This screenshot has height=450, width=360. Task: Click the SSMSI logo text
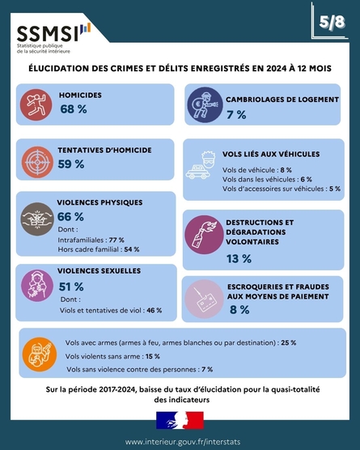point(48,33)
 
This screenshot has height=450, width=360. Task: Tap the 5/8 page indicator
point(332,22)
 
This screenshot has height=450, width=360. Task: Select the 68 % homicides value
point(74,109)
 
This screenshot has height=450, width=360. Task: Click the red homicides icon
point(36,104)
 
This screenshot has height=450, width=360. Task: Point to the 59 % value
point(71,164)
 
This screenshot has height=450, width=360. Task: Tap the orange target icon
point(37,162)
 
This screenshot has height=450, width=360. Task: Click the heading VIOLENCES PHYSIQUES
point(100,202)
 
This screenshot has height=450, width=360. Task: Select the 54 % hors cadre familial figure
point(132,249)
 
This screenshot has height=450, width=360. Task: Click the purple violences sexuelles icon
point(37,286)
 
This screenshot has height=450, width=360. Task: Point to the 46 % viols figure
point(155,310)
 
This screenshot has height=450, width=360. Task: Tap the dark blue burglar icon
point(205,104)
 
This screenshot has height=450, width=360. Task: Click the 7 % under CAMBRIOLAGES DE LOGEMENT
point(236,115)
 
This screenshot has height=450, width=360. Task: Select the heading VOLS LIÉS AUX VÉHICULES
point(271,154)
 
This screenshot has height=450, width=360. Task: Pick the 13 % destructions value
point(239,258)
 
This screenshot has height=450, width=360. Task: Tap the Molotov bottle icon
point(204,235)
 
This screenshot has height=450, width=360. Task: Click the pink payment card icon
point(204,299)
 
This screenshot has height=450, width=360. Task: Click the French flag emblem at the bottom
point(180,420)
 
